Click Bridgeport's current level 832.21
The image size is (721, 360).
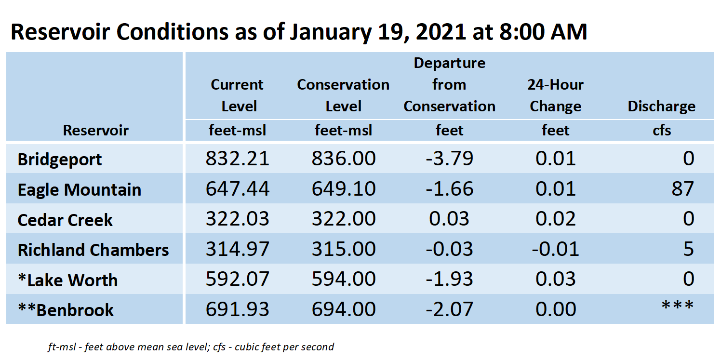tap(237, 158)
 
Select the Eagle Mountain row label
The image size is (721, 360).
tap(80, 189)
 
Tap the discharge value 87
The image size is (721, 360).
tap(682, 188)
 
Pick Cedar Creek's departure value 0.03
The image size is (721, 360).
tap(449, 219)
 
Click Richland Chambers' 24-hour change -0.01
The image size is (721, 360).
tap(556, 249)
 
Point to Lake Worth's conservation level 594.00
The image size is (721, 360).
tap(344, 279)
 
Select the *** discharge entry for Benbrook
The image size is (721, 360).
tap(678, 305)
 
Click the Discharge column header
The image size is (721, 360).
tap(661, 106)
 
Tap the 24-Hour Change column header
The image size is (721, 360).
tap(556, 95)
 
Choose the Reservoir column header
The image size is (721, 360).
tap(95, 130)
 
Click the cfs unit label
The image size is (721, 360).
tap(662, 131)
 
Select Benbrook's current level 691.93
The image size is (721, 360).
tap(237, 309)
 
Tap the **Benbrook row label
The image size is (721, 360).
tap(66, 310)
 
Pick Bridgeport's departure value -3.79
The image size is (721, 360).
tap(449, 158)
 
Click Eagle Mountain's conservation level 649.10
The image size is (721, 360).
tap(344, 188)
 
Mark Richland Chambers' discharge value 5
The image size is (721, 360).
tap(689, 249)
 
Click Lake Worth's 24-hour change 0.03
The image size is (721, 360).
tap(556, 279)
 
